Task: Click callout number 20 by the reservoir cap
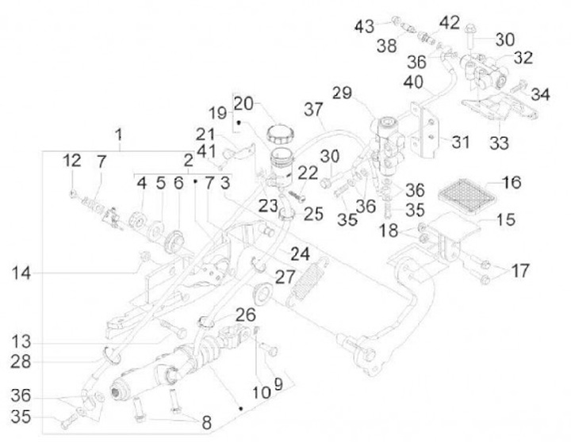pyautogui.click(x=243, y=102)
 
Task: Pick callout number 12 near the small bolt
pyautogui.click(x=72, y=160)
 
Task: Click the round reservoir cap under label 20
pyautogui.click(x=280, y=131)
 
